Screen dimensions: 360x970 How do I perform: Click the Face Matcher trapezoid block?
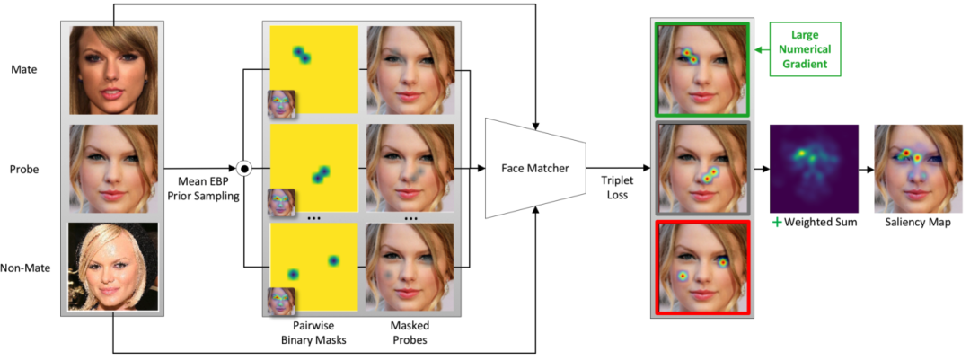click(533, 168)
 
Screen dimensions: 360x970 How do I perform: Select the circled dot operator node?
click(242, 168)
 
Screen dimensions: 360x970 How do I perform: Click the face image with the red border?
click(702, 267)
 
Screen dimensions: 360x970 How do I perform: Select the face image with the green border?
click(702, 69)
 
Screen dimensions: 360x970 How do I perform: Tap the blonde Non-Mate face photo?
click(114, 267)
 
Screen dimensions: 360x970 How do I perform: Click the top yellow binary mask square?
click(314, 68)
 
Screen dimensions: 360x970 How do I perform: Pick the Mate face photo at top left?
click(114, 69)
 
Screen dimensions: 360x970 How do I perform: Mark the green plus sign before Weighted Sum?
click(777, 222)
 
